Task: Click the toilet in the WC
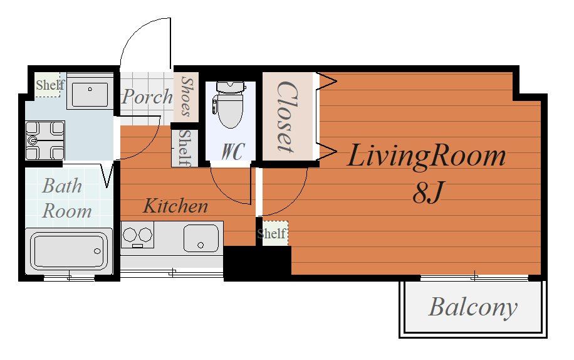coord(230,105)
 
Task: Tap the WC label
coord(233,151)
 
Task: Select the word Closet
coord(287,117)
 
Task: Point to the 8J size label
coord(428,193)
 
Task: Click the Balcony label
coord(472,307)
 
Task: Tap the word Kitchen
coord(175,206)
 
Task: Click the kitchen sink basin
coord(201,238)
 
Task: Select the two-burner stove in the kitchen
coord(137,235)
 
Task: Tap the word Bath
coord(62,186)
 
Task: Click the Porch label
coord(147,97)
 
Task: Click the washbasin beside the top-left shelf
coord(90,95)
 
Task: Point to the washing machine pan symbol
coord(45,140)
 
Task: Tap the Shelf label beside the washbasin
coord(50,85)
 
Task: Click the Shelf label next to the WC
coord(185,147)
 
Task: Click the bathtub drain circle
coord(97,251)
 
